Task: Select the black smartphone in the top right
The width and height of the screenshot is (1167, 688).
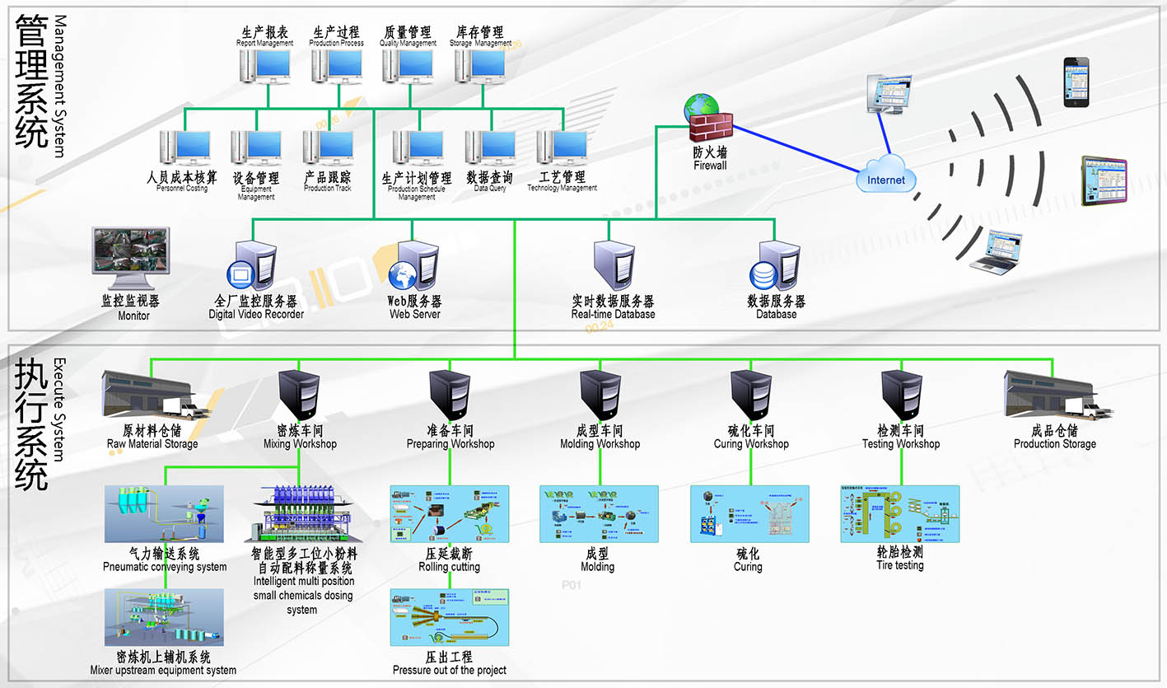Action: (1076, 82)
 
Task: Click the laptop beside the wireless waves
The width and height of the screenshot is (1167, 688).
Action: (996, 251)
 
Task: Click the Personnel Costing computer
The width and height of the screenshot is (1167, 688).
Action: (184, 148)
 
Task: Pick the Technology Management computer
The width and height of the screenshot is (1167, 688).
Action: (562, 148)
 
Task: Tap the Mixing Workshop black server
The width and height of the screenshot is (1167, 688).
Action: (298, 395)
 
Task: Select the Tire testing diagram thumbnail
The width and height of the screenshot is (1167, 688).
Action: (899, 513)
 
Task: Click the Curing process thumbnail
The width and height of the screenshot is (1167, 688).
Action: (749, 514)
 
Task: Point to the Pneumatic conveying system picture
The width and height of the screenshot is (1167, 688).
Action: (165, 513)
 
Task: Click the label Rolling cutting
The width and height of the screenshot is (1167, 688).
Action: (450, 567)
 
